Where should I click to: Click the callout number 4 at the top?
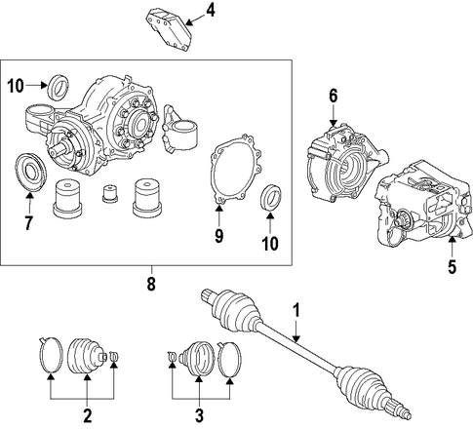click(210, 12)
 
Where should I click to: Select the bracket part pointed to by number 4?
click(169, 30)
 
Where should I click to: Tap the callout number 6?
click(334, 96)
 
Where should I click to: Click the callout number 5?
click(452, 267)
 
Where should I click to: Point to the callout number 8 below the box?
click(151, 284)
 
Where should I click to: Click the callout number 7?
click(29, 222)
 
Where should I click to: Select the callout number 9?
click(219, 236)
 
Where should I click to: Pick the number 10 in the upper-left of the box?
click(16, 86)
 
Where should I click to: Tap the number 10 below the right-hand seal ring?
click(270, 243)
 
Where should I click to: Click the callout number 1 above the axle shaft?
click(296, 310)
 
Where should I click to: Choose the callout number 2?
click(87, 415)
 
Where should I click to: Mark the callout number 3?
click(199, 415)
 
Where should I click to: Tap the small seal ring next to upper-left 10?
click(59, 88)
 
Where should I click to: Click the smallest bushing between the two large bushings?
click(109, 193)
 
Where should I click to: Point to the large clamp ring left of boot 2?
click(51, 355)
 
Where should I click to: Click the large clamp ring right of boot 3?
click(229, 359)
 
